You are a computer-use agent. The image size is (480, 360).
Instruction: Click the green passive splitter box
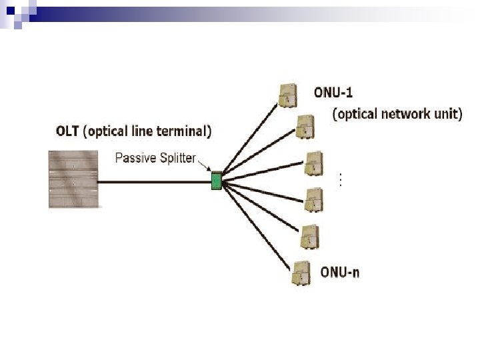[x=216, y=181]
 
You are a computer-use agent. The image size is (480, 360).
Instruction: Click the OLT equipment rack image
[x=73, y=179]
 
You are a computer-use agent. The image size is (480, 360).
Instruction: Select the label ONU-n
[x=340, y=272]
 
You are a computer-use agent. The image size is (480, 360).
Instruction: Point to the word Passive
[x=134, y=158]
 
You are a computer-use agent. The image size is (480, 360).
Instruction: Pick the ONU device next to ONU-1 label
[x=288, y=95]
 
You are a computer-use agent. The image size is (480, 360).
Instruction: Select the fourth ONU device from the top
[x=313, y=199]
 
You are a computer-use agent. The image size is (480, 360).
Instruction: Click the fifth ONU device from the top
[x=309, y=237]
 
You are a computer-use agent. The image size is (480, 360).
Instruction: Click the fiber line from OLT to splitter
[x=153, y=181]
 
